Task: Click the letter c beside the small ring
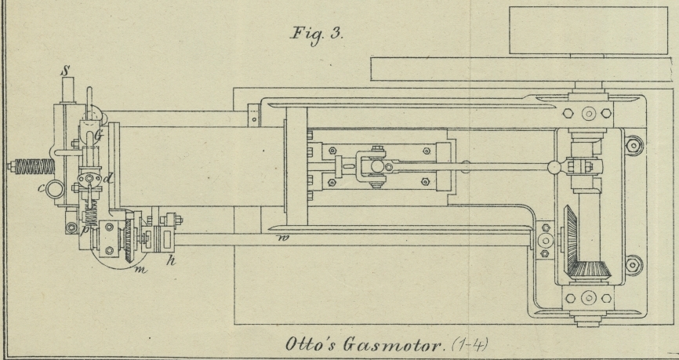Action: click(39, 188)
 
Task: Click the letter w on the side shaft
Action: click(280, 233)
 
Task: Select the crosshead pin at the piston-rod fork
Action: click(376, 166)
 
